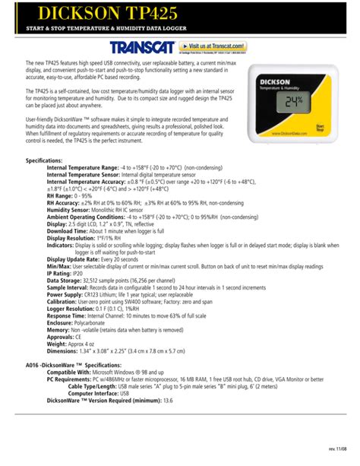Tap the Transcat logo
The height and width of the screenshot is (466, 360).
[137, 47]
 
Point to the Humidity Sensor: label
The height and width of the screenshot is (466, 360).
[73, 209]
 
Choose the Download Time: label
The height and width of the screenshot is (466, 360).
[68, 231]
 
